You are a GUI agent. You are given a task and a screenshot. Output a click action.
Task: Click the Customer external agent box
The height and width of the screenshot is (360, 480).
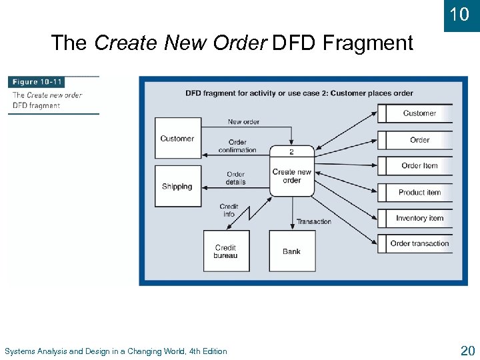[x=177, y=139]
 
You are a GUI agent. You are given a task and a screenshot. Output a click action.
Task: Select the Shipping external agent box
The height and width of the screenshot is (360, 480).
[x=177, y=186]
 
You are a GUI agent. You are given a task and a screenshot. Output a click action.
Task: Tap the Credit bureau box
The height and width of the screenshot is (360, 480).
[x=226, y=251]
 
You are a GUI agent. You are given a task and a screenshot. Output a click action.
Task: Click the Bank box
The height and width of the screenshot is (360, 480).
[x=291, y=251]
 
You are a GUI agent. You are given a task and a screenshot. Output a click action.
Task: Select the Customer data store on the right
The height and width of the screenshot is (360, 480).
[x=419, y=113]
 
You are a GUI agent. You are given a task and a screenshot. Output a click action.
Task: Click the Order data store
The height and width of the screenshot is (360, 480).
[x=419, y=140]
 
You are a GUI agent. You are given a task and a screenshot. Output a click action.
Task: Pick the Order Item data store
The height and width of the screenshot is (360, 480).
[x=419, y=166]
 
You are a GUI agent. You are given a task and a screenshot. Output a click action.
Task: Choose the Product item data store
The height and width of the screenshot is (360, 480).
[x=419, y=192]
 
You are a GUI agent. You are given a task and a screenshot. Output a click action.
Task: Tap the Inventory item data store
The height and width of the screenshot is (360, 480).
[x=419, y=218]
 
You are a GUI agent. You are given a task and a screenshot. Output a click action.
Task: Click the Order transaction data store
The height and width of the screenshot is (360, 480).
[x=419, y=243]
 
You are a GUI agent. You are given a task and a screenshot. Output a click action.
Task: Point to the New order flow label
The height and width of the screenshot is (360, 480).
[x=243, y=122]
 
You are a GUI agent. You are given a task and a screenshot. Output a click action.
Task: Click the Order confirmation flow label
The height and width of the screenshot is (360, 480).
[x=237, y=146]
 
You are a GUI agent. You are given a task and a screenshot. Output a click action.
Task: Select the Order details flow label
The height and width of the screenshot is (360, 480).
[x=235, y=179]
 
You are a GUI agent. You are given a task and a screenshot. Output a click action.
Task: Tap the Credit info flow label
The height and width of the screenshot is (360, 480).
[x=229, y=211]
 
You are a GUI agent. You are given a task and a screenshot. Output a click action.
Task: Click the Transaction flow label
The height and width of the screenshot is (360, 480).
[x=313, y=221]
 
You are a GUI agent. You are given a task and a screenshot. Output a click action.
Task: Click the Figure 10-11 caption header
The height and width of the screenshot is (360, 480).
[x=37, y=82]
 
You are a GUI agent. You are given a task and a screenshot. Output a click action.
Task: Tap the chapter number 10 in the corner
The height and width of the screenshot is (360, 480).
[x=459, y=13]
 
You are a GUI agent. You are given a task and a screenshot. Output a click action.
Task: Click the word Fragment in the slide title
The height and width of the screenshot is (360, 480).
[x=368, y=43]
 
